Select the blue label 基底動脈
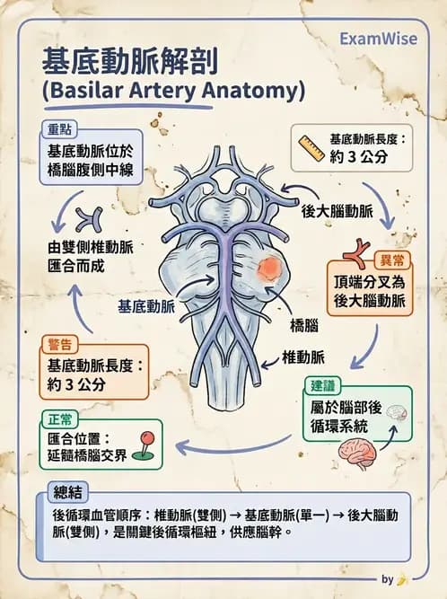tap(146, 305)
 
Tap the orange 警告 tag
tap(61, 343)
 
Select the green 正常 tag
tap(60, 419)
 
